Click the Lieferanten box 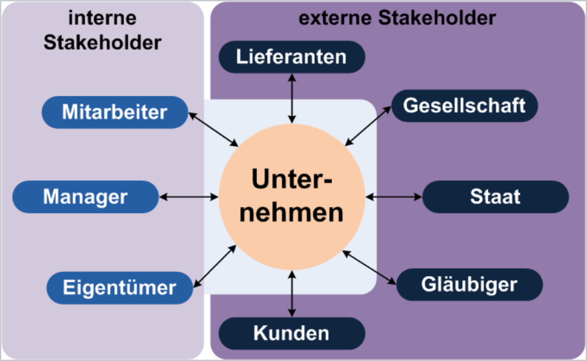[292, 56]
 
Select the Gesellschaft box [464, 106]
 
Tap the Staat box [495, 196]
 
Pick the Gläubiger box [469, 285]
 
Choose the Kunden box [292, 332]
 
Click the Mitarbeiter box [115, 111]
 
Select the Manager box [86, 196]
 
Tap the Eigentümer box [120, 287]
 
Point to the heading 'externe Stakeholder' [397, 18]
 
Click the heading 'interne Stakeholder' [102, 31]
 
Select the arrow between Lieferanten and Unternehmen [292, 98]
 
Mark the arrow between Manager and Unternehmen [189, 196]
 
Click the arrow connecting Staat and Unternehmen [394, 196]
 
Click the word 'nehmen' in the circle [292, 214]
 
